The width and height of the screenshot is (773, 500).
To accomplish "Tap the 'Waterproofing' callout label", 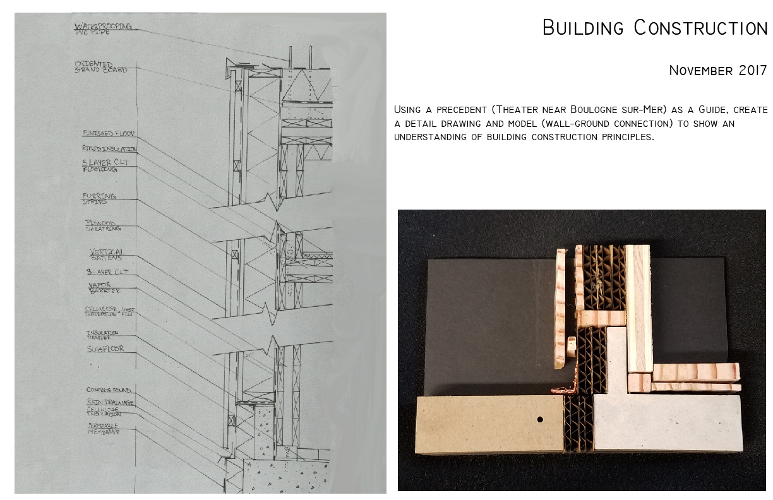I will [x=104, y=27].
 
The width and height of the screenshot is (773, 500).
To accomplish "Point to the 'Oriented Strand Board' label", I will [x=100, y=67].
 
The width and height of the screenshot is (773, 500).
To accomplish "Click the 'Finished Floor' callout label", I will [x=108, y=134].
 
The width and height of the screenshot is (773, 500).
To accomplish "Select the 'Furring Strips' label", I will [x=99, y=199].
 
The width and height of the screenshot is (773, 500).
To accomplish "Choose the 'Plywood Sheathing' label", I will [x=103, y=226].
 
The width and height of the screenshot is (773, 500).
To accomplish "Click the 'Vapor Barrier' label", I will [x=103, y=288].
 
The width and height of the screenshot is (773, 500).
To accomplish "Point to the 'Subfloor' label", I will [x=105, y=348].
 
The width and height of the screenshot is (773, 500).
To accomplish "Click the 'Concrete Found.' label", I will [x=109, y=390].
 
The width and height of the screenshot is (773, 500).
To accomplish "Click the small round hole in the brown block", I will [x=540, y=419].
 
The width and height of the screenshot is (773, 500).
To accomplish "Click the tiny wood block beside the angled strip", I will [x=573, y=345].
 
